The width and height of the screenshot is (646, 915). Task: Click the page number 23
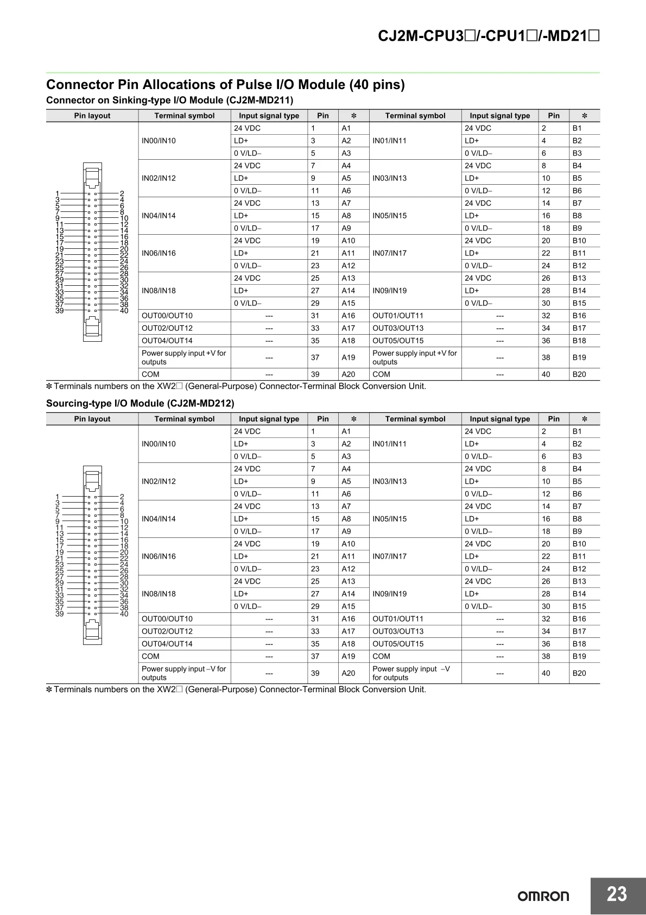[617, 894]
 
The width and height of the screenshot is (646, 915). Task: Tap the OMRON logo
[543, 897]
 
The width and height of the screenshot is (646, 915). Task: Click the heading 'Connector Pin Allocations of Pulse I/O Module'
[225, 85]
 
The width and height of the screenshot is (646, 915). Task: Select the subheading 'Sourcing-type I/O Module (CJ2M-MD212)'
[140, 403]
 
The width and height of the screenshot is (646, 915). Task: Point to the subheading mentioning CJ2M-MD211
[169, 100]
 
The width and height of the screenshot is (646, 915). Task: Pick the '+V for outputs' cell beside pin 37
[184, 358]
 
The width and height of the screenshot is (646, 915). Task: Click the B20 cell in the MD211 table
[579, 374]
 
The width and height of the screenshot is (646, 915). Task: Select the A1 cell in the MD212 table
[346, 431]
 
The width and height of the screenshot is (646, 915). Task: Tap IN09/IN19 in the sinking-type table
[389, 291]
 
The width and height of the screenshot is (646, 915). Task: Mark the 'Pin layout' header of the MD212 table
[92, 419]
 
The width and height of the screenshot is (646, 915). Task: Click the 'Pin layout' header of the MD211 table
[92, 116]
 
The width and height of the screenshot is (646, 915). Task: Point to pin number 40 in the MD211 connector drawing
[124, 311]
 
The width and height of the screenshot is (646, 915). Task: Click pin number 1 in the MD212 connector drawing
[58, 496]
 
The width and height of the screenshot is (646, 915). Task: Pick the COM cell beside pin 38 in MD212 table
[381, 656]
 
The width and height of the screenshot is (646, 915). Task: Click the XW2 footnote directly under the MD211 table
[236, 386]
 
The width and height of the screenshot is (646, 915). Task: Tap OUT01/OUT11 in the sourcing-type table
[397, 619]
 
